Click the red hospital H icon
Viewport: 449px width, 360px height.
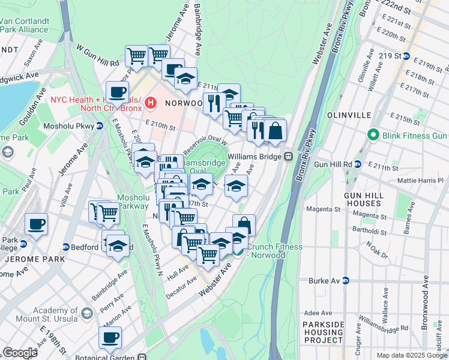click(150, 103)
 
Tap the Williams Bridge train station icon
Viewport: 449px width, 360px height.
click(288, 156)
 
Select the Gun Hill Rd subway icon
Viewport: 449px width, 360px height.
click(358, 164)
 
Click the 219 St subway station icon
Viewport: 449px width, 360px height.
click(406, 56)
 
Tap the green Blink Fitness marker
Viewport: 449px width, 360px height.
click(373, 135)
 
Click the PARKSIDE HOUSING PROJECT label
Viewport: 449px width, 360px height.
click(327, 333)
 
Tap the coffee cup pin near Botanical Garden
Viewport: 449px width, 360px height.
click(110, 338)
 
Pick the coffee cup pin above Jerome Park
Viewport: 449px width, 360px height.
click(36, 224)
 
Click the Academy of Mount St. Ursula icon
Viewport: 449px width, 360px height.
click(87, 314)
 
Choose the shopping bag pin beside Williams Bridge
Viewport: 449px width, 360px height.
click(275, 131)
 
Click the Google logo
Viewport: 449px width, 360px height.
click(20, 353)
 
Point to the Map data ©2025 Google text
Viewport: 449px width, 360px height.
click(411, 355)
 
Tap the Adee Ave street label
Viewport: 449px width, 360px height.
click(318, 313)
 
